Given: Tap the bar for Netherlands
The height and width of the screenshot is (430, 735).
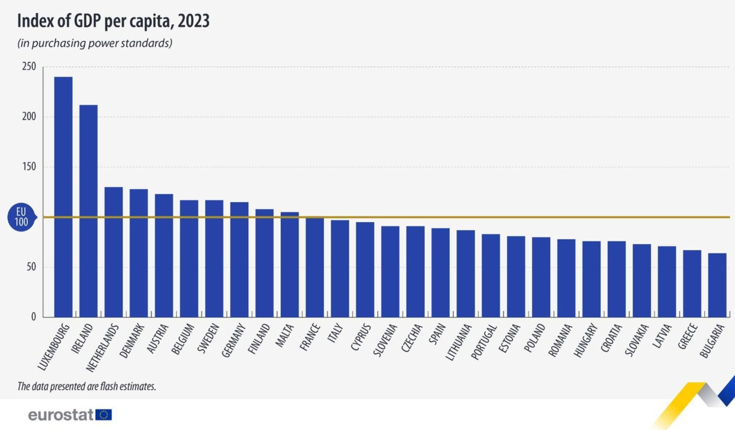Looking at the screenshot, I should (x=113, y=252).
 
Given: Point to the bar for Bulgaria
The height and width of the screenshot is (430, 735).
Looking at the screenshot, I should (x=717, y=285).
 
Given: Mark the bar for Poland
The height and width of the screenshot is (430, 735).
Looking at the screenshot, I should (x=541, y=277).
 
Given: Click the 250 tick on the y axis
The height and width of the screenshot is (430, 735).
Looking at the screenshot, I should (x=29, y=67).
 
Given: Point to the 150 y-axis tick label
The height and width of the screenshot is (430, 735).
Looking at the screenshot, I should (x=29, y=167).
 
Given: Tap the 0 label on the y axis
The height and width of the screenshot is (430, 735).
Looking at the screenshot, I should (x=33, y=317).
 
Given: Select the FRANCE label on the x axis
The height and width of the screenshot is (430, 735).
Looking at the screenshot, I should (x=312, y=335).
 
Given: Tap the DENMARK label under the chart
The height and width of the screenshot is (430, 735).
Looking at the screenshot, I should (x=132, y=340).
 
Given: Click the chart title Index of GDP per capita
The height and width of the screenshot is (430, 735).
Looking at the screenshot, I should (x=113, y=21).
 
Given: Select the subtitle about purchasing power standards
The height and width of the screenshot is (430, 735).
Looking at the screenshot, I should (x=94, y=43).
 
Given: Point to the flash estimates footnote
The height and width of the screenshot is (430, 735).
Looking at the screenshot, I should (x=86, y=386).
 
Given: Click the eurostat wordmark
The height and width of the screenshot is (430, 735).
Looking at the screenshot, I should (x=61, y=414).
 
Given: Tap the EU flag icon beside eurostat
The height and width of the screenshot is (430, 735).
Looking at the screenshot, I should (x=104, y=414).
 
